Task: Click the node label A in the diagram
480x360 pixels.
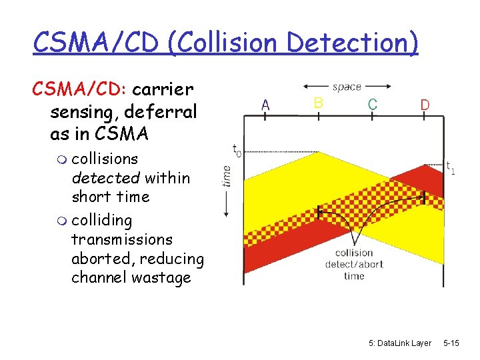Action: (x=265, y=105)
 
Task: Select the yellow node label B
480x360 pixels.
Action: (x=318, y=102)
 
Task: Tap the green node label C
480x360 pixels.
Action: (x=372, y=104)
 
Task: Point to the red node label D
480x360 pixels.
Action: (x=425, y=105)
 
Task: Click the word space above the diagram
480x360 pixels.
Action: (x=347, y=87)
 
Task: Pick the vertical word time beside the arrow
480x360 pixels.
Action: (x=227, y=175)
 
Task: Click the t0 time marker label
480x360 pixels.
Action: (x=237, y=149)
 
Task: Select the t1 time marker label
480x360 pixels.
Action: (x=451, y=167)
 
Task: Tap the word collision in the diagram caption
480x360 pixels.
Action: (x=354, y=253)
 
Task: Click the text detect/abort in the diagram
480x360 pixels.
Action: (x=354, y=264)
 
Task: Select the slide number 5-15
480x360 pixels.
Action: (x=451, y=343)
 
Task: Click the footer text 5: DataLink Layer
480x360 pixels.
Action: (x=399, y=343)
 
